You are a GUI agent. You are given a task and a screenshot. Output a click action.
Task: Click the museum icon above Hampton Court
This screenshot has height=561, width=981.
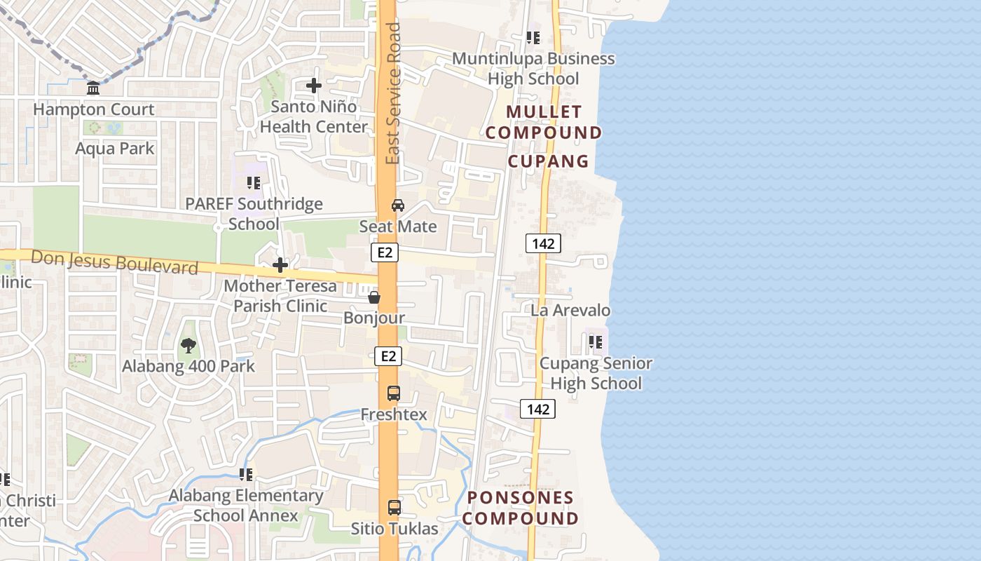tap(92, 88)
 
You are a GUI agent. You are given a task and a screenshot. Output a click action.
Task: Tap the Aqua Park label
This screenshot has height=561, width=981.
tap(114, 149)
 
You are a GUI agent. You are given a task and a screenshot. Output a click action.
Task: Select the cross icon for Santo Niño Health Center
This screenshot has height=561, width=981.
tap(314, 86)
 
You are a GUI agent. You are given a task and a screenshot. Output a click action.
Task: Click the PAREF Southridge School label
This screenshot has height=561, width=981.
tap(254, 214)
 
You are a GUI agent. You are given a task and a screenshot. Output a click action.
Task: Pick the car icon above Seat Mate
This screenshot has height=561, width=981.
tap(398, 205)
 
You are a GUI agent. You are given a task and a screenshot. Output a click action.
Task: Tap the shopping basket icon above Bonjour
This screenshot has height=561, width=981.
tap(374, 298)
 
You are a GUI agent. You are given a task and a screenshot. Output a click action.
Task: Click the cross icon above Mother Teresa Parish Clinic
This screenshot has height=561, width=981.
tap(280, 265)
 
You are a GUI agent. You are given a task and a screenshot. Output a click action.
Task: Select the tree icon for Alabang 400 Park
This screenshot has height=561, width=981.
tap(188, 345)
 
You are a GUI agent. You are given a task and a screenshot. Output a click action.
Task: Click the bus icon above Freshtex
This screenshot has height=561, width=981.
tap(394, 393)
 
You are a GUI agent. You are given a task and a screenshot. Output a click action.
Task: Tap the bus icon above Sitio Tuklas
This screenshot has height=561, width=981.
tap(395, 507)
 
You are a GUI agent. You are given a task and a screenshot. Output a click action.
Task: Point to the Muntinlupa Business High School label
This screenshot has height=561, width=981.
tap(533, 69)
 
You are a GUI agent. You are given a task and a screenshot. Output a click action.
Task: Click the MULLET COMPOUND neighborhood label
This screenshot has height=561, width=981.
tap(544, 122)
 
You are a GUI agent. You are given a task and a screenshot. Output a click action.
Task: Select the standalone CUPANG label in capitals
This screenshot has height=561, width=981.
tap(548, 161)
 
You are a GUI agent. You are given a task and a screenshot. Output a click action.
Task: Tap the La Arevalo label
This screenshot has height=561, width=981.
tap(570, 310)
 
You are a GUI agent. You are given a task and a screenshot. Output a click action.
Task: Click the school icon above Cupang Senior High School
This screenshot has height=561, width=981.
tap(596, 342)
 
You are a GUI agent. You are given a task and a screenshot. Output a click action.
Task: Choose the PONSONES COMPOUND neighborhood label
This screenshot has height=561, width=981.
tap(521, 508)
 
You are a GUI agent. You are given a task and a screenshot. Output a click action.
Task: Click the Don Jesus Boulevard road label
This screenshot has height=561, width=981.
tap(115, 262)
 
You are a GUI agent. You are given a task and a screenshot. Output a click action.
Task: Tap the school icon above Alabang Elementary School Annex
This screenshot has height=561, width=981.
tap(245, 475)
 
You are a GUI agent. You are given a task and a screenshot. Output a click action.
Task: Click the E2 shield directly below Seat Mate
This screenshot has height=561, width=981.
tap(385, 252)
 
